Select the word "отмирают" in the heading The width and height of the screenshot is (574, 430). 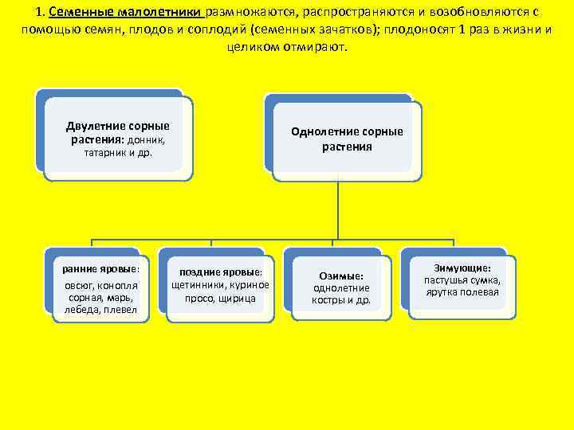(x=312, y=47)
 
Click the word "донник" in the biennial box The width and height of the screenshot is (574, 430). (x=147, y=140)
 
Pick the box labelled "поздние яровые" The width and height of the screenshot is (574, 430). (x=220, y=285)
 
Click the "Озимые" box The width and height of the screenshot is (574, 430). (x=341, y=287)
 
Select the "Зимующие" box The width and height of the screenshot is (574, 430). (x=462, y=281)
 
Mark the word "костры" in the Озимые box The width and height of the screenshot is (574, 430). (x=328, y=300)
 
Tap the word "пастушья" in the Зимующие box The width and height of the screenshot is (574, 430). (x=444, y=280)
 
